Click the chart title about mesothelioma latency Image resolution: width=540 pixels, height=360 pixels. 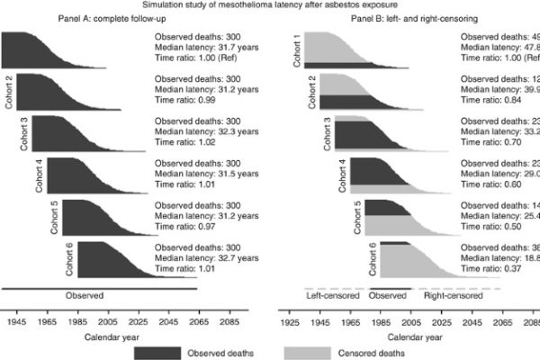click(x=269, y=4)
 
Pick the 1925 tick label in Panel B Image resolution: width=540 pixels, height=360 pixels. click(x=289, y=320)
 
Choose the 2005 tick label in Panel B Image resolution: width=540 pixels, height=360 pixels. click(x=410, y=320)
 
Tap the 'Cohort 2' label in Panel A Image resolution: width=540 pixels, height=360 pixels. click(x=9, y=92)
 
